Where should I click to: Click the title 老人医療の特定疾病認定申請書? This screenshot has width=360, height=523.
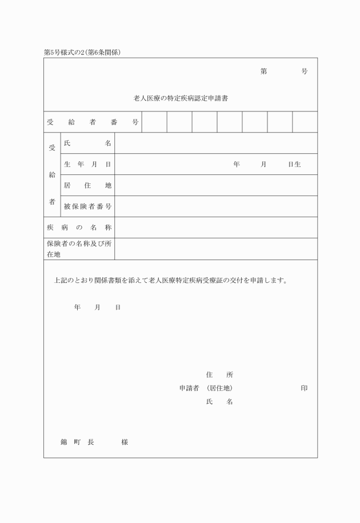pyautogui.click(x=181, y=98)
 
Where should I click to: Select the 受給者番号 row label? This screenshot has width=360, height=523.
pyautogui.click(x=93, y=122)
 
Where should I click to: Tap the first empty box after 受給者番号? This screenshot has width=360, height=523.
pyautogui.click(x=154, y=122)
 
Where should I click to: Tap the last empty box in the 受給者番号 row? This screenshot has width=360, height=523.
pyautogui.click(x=305, y=122)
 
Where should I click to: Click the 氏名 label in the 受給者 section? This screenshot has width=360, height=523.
pyautogui.click(x=87, y=143)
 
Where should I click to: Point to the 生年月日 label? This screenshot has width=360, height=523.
pyautogui.click(x=87, y=164)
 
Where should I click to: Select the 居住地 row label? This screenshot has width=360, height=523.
pyautogui.click(x=87, y=185)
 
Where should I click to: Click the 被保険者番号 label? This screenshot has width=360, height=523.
pyautogui.click(x=87, y=206)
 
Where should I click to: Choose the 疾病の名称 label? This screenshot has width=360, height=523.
pyautogui.click(x=79, y=227)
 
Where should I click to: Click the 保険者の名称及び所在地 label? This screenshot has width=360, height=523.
pyautogui.click(x=79, y=249)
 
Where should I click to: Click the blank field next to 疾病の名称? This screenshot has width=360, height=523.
pyautogui.click(x=216, y=227)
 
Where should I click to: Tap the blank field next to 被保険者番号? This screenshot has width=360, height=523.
pyautogui.click(x=216, y=206)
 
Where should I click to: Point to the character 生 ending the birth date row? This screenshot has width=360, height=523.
pyautogui.click(x=298, y=165)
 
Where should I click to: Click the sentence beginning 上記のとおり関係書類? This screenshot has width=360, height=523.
pyautogui.click(x=170, y=281)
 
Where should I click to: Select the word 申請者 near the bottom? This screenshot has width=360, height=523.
pyautogui.click(x=189, y=388)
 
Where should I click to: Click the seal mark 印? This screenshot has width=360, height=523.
pyautogui.click(x=304, y=388)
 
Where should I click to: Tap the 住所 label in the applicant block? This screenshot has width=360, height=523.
pyautogui.click(x=219, y=375)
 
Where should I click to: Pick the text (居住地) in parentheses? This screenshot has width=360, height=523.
pyautogui.click(x=219, y=388)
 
